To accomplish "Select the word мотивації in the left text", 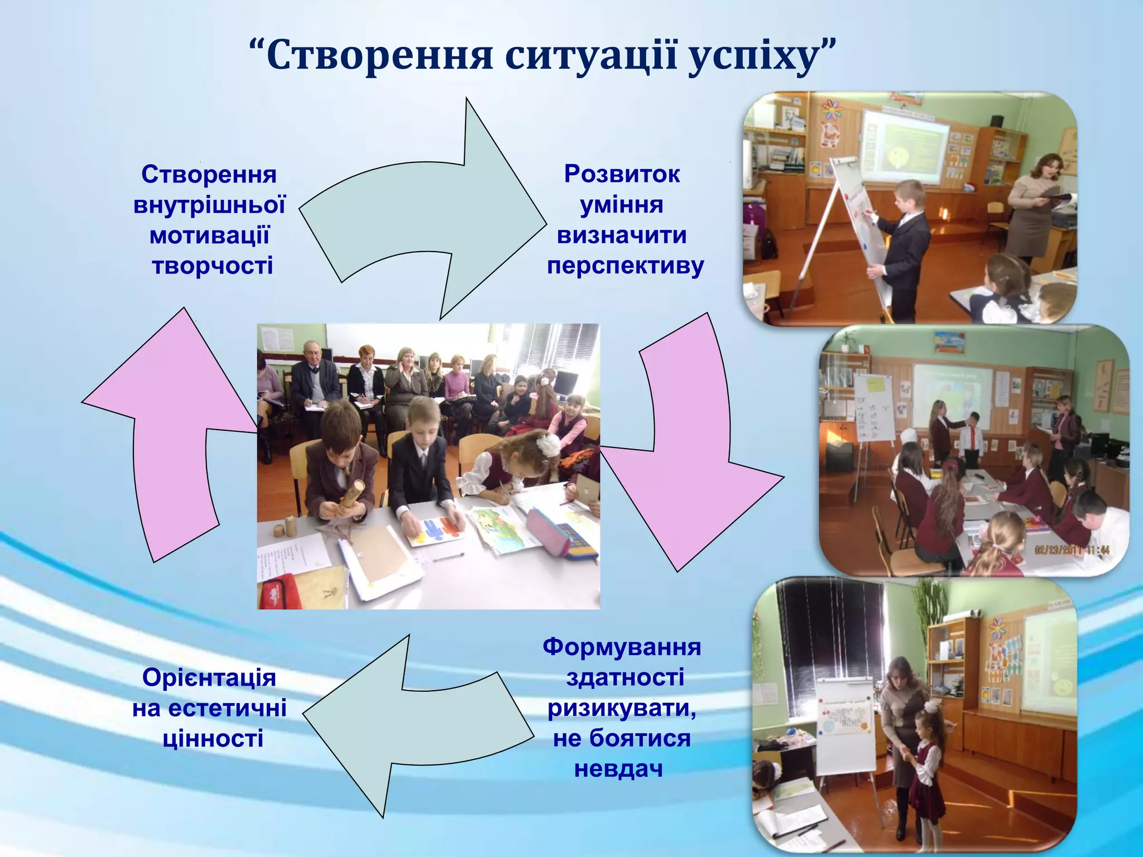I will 210,235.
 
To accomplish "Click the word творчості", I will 213,266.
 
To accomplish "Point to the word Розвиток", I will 622,174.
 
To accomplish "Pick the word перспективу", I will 625,266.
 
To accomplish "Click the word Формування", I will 622,647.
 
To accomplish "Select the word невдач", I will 618,769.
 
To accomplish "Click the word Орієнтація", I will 209,678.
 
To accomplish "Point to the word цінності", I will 213,739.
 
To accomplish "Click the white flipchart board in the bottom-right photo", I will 846,723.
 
